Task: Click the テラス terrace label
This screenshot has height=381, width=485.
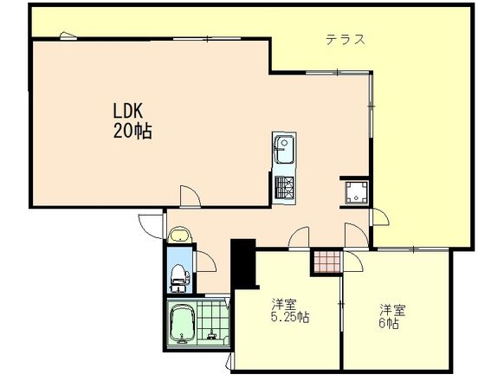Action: pyautogui.click(x=346, y=40)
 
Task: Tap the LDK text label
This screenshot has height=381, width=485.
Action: pyautogui.click(x=128, y=112)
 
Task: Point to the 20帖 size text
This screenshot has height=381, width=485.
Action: pyautogui.click(x=133, y=131)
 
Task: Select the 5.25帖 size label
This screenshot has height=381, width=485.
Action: pyautogui.click(x=290, y=317)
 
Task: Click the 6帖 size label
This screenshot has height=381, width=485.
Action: pyautogui.click(x=389, y=323)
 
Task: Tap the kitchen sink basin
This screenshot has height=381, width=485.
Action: pyautogui.click(x=285, y=149)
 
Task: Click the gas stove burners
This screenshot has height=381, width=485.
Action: pyautogui.click(x=284, y=187)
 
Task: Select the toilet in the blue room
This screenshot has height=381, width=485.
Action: pyautogui.click(x=179, y=277)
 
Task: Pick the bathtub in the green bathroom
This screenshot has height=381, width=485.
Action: pyautogui.click(x=182, y=325)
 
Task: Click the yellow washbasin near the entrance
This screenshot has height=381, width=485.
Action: pyautogui.click(x=180, y=235)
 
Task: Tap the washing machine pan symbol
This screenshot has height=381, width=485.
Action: pyautogui.click(x=356, y=192)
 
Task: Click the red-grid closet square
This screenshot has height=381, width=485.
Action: pyautogui.click(x=327, y=262)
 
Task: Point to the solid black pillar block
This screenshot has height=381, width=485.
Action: pyautogui.click(x=244, y=263)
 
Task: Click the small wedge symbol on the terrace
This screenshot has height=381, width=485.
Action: pyautogui.click(x=68, y=36)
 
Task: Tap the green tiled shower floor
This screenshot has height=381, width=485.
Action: pyautogui.click(x=213, y=321)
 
